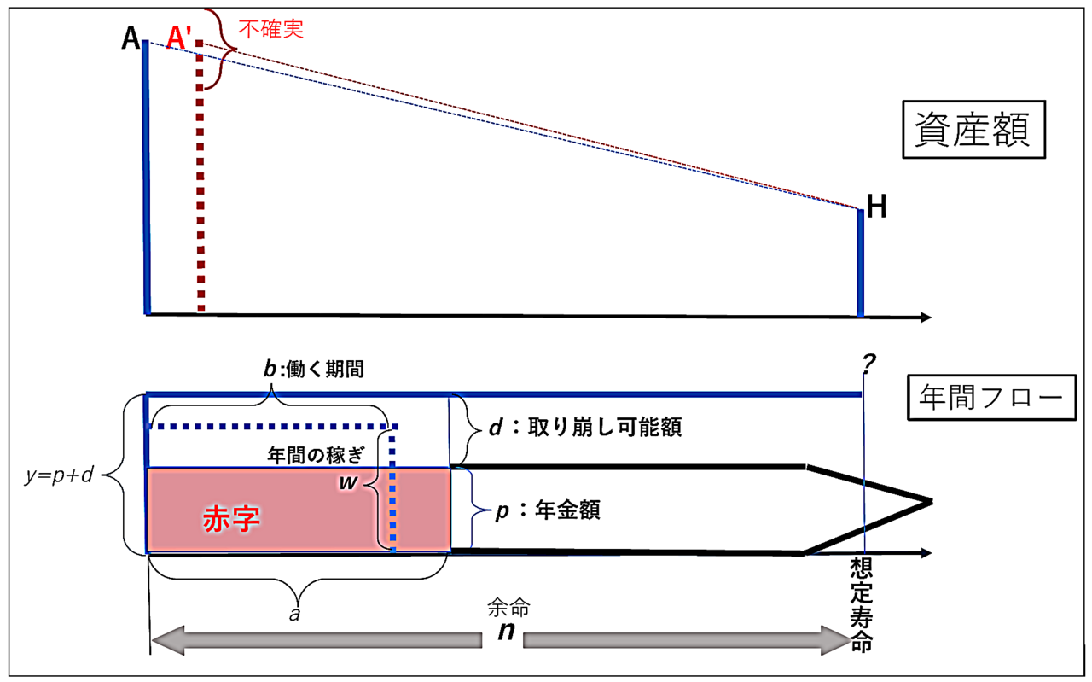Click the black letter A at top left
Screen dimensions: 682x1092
(131, 38)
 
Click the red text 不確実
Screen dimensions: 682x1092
(270, 29)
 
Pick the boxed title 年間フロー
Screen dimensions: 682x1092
(989, 397)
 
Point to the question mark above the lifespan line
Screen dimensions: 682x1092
(868, 364)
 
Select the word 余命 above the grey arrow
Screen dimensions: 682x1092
(508, 608)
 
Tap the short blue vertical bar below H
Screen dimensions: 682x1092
(861, 261)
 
